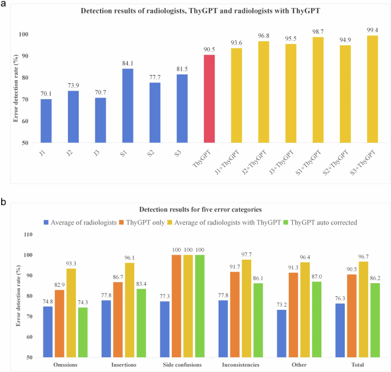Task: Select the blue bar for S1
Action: click(x=130, y=105)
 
